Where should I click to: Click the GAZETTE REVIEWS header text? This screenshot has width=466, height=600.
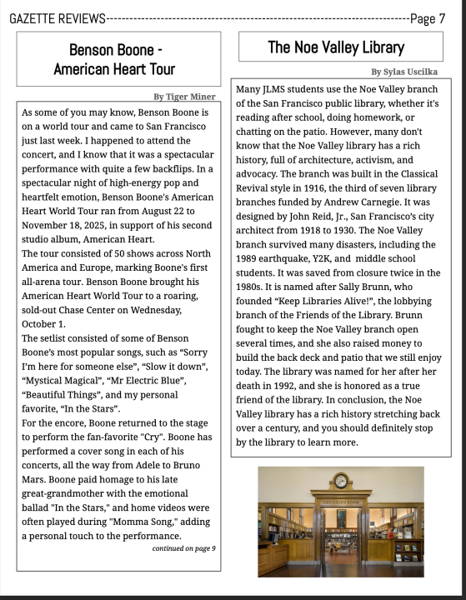(x=58, y=18)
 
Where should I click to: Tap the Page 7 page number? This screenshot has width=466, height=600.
(x=428, y=18)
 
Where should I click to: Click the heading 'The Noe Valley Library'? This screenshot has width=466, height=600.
(x=336, y=47)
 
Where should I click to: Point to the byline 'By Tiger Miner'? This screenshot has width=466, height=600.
(x=184, y=97)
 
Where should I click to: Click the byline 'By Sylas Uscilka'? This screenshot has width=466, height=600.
(x=404, y=72)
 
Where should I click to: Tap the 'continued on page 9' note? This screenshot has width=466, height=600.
(x=183, y=548)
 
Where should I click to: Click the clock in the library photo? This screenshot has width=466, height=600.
(x=340, y=481)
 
